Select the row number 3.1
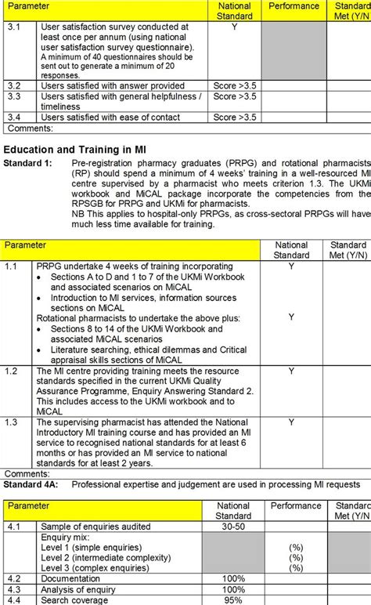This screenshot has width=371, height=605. point(14,27)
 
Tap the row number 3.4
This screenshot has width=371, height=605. point(14,118)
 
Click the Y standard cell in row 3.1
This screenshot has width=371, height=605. point(234,27)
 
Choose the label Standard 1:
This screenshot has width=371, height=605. point(28,163)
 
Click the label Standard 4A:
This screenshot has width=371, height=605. point(32,484)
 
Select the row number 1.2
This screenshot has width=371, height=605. point(11,371)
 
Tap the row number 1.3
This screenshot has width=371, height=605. point(11,422)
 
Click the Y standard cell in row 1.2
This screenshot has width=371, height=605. point(291,371)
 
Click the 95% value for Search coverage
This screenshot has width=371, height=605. point(233,600)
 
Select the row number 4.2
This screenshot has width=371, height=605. point(14,578)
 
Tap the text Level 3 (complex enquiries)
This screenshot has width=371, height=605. point(97,567)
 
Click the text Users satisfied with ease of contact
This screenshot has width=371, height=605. point(110,118)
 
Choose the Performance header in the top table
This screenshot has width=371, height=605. point(294,6)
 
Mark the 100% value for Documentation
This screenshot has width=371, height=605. point(233,578)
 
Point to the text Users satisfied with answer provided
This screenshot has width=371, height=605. point(113,85)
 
